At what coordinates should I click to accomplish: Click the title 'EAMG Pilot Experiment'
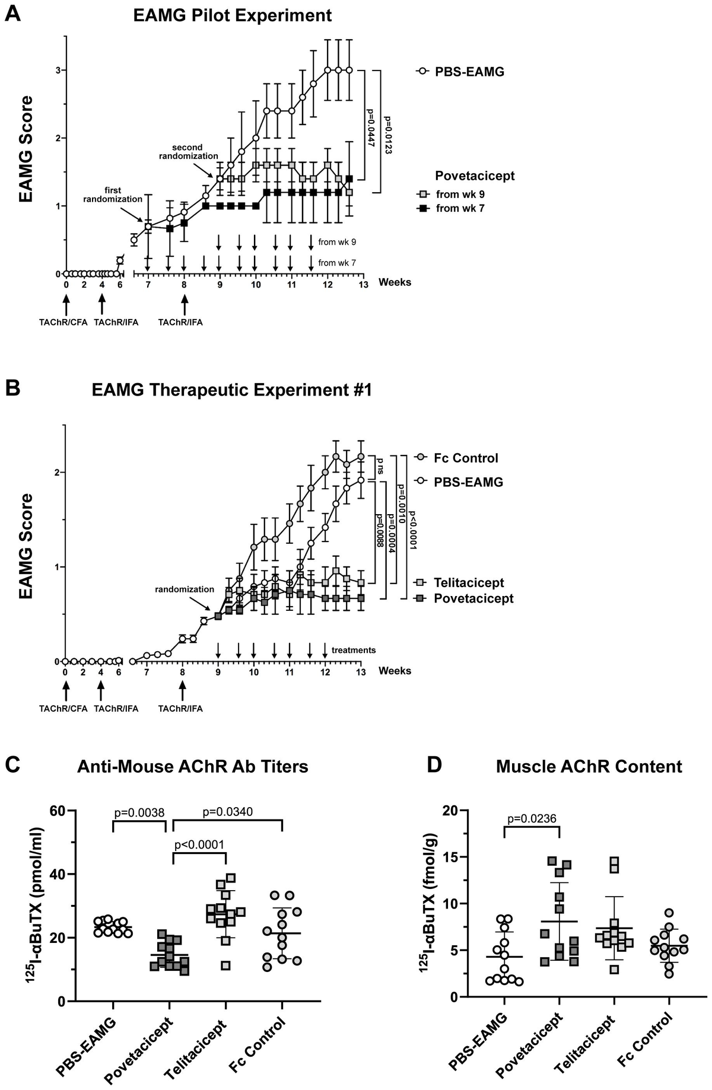pos(232,15)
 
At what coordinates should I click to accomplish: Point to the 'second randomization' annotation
pos(187,152)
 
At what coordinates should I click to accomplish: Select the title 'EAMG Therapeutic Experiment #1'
pos(232,390)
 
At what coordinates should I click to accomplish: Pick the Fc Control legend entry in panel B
pos(466,458)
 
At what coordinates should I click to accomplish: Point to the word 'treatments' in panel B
pos(354,650)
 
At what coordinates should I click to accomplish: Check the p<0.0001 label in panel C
pos(199,844)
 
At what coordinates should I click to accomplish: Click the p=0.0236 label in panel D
pos(532,819)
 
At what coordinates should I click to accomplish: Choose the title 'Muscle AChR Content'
pos(589,767)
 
